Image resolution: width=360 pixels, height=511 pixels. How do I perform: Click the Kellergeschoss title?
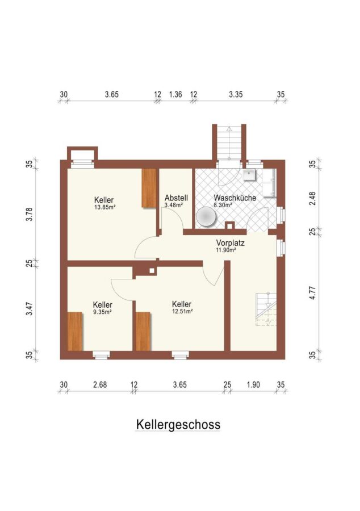(x=178, y=425)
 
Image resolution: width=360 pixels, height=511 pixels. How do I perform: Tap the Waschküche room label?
(x=235, y=198)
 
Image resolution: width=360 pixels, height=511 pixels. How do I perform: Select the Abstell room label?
(x=176, y=198)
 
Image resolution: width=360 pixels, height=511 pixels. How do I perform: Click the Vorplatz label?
(x=231, y=243)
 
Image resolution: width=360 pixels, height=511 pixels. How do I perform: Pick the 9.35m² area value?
(x=103, y=312)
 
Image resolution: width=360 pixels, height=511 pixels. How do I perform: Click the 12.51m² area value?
(x=182, y=311)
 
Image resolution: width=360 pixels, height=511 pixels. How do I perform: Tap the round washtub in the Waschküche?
(x=206, y=217)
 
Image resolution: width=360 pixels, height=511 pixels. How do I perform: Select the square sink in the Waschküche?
(x=249, y=175)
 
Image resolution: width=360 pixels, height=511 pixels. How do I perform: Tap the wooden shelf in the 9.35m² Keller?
(x=75, y=331)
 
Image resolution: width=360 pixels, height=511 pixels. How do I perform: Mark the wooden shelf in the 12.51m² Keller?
(x=143, y=331)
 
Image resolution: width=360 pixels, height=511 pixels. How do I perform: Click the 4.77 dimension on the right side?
(x=312, y=293)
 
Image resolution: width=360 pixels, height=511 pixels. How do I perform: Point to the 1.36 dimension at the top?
(x=175, y=94)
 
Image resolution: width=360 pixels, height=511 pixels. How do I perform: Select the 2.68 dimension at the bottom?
(x=100, y=384)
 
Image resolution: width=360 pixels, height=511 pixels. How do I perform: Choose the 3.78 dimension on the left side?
(x=30, y=214)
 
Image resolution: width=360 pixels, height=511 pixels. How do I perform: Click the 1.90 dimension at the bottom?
(x=253, y=384)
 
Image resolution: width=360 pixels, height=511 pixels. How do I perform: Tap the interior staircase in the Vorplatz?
(x=266, y=309)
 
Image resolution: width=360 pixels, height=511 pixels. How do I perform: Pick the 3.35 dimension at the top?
(x=236, y=94)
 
